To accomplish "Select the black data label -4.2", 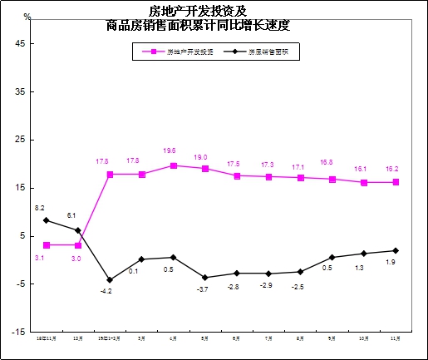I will (x=106, y=292).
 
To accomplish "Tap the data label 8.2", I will (x=39, y=207).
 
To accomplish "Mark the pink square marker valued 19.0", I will (x=205, y=169).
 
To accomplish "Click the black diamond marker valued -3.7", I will (x=205, y=278).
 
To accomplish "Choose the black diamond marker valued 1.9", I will (x=396, y=250).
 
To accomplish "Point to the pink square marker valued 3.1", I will (x=47, y=245).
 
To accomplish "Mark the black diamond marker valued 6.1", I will (x=78, y=230).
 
